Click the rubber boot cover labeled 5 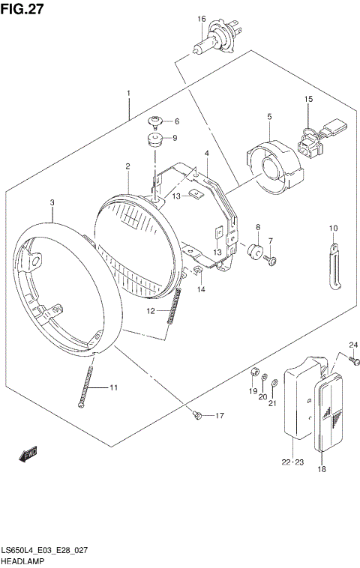coord(276,167)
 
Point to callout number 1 coord(128,94)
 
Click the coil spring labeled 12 coord(177,306)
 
